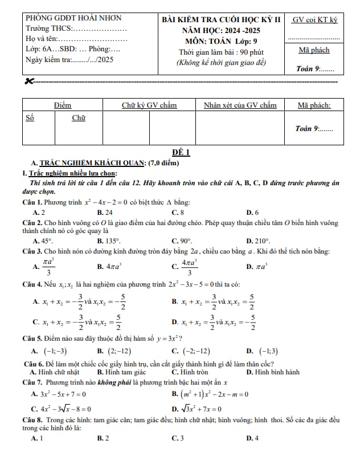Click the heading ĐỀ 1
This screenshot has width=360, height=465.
(x=181, y=153)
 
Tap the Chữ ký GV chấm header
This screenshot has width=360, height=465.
(x=149, y=105)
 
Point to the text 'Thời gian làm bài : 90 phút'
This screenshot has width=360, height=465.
(x=221, y=52)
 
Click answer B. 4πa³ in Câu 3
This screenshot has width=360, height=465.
(x=107, y=266)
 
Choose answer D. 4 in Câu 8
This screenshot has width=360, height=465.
(x=252, y=438)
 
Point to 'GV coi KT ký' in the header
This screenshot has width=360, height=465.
(x=314, y=20)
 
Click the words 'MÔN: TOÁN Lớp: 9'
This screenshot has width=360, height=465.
(x=221, y=41)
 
